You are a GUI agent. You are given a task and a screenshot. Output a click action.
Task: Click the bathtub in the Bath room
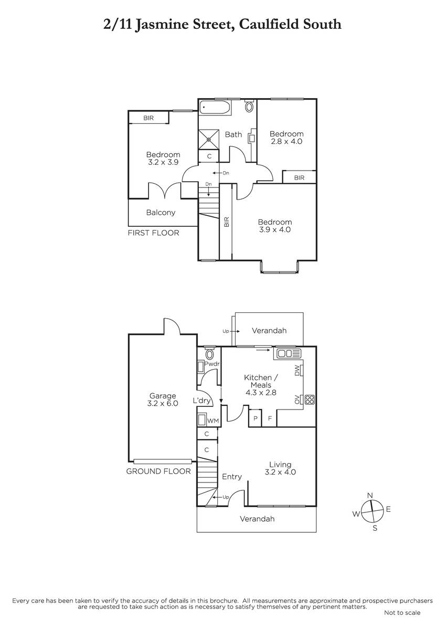click(x=215, y=108)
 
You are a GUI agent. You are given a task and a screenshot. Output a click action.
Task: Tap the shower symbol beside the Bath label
click(x=208, y=140)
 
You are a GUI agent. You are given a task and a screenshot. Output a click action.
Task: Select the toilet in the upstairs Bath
click(x=249, y=106)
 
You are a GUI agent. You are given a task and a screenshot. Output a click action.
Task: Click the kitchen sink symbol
click(x=289, y=353)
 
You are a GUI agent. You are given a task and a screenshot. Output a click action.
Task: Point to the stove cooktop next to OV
click(x=310, y=400)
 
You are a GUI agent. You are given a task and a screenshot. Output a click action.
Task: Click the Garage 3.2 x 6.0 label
click(x=163, y=400)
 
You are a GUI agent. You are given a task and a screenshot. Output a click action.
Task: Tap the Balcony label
click(x=161, y=213)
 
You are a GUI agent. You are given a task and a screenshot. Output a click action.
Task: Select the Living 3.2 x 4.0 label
click(x=280, y=468)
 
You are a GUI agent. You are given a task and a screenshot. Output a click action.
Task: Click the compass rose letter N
click(x=370, y=496)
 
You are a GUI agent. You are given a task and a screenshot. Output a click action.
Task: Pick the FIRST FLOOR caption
click(x=153, y=233)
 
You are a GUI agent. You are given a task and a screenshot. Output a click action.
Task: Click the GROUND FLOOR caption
click(x=158, y=471)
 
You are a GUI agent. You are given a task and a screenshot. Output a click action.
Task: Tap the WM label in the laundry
click(x=213, y=421)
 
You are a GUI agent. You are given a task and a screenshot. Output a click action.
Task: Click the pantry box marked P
click(x=256, y=418)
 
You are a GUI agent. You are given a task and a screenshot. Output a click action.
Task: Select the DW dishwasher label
click(x=297, y=370)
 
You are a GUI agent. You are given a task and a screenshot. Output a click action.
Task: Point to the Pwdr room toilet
click(x=210, y=353)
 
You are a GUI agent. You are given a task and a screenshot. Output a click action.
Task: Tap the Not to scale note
click(x=402, y=613)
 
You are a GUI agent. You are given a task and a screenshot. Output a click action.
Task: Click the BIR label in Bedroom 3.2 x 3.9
click(x=149, y=118)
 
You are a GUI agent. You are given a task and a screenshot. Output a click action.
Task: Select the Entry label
click(x=232, y=477)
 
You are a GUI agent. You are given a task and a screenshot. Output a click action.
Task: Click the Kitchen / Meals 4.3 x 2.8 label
click(x=261, y=385)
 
